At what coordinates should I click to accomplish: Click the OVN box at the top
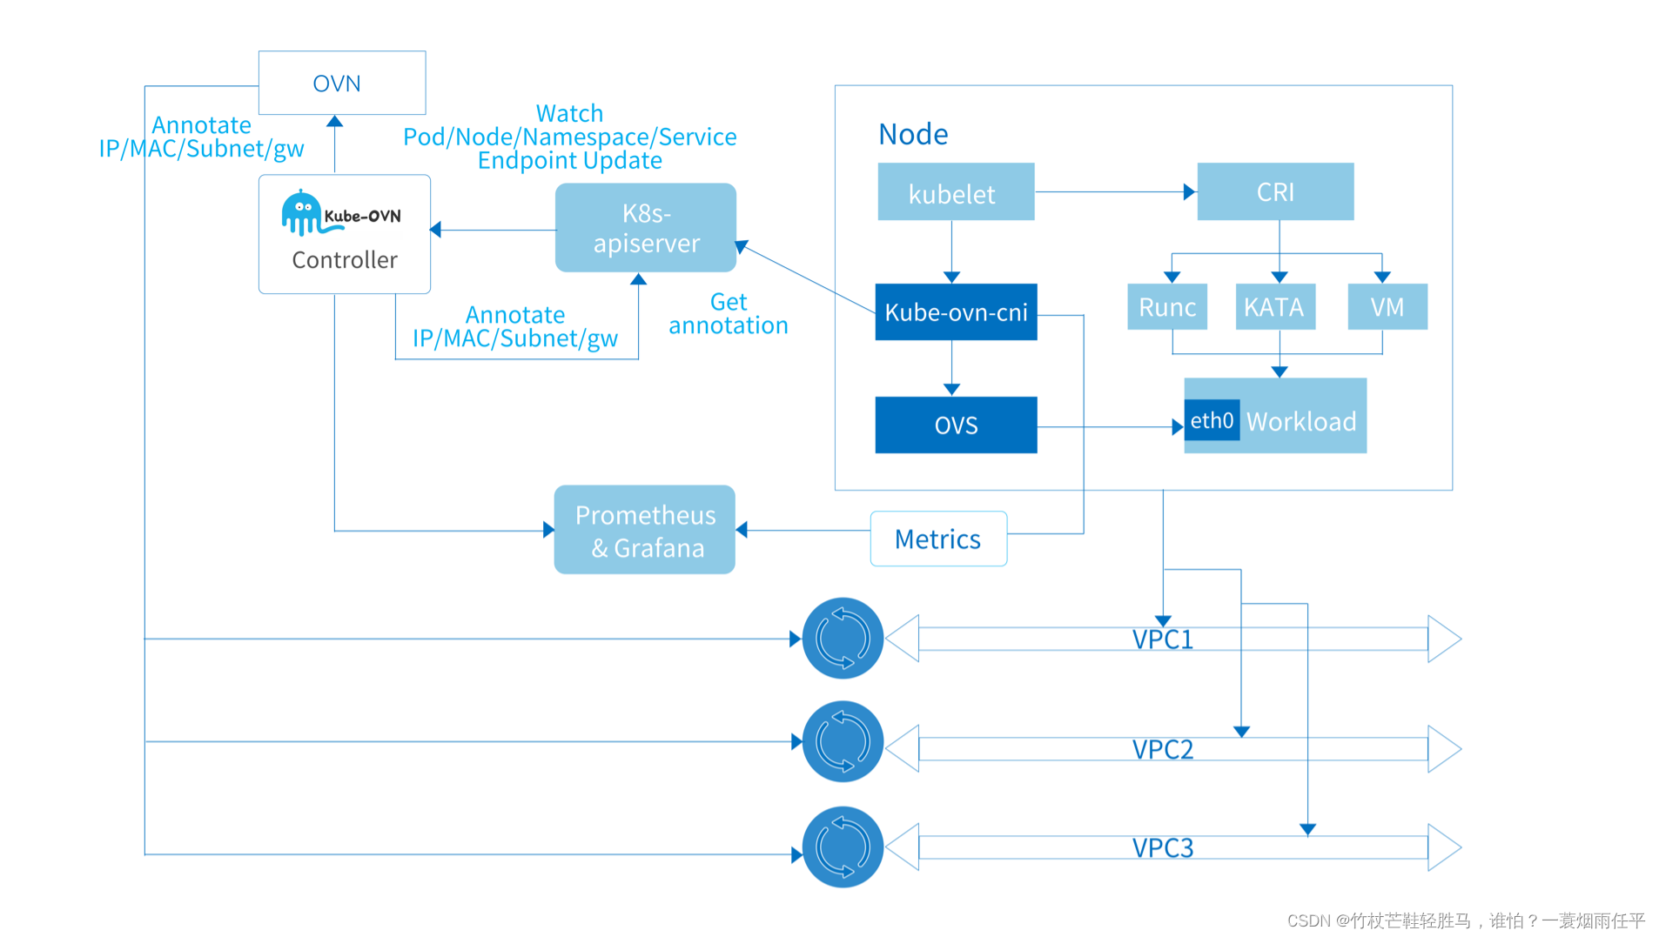tap(342, 83)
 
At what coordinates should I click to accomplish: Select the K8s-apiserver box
tap(646, 227)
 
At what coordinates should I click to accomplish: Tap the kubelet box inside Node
tap(956, 191)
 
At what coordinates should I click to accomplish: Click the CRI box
tap(1275, 191)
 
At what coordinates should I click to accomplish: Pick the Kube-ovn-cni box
tap(956, 311)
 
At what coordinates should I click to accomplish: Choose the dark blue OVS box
tap(956, 425)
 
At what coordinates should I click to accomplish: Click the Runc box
tap(1167, 306)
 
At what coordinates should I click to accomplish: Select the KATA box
tap(1275, 306)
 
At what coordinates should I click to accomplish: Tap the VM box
tap(1387, 306)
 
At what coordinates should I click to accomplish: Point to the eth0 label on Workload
tap(1212, 420)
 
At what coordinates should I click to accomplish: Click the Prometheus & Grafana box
tap(645, 529)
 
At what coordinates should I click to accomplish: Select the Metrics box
tap(938, 539)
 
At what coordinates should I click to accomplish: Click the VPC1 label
tap(1162, 639)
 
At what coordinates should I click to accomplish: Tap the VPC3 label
tap(1162, 848)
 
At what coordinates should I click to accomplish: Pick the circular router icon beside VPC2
tap(843, 742)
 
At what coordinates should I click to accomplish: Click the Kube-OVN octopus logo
tap(302, 213)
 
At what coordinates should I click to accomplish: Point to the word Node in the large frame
tap(913, 134)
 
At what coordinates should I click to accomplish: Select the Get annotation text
tap(729, 313)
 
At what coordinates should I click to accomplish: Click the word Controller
tap(345, 260)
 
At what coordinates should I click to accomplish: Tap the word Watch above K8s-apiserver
tap(569, 113)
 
